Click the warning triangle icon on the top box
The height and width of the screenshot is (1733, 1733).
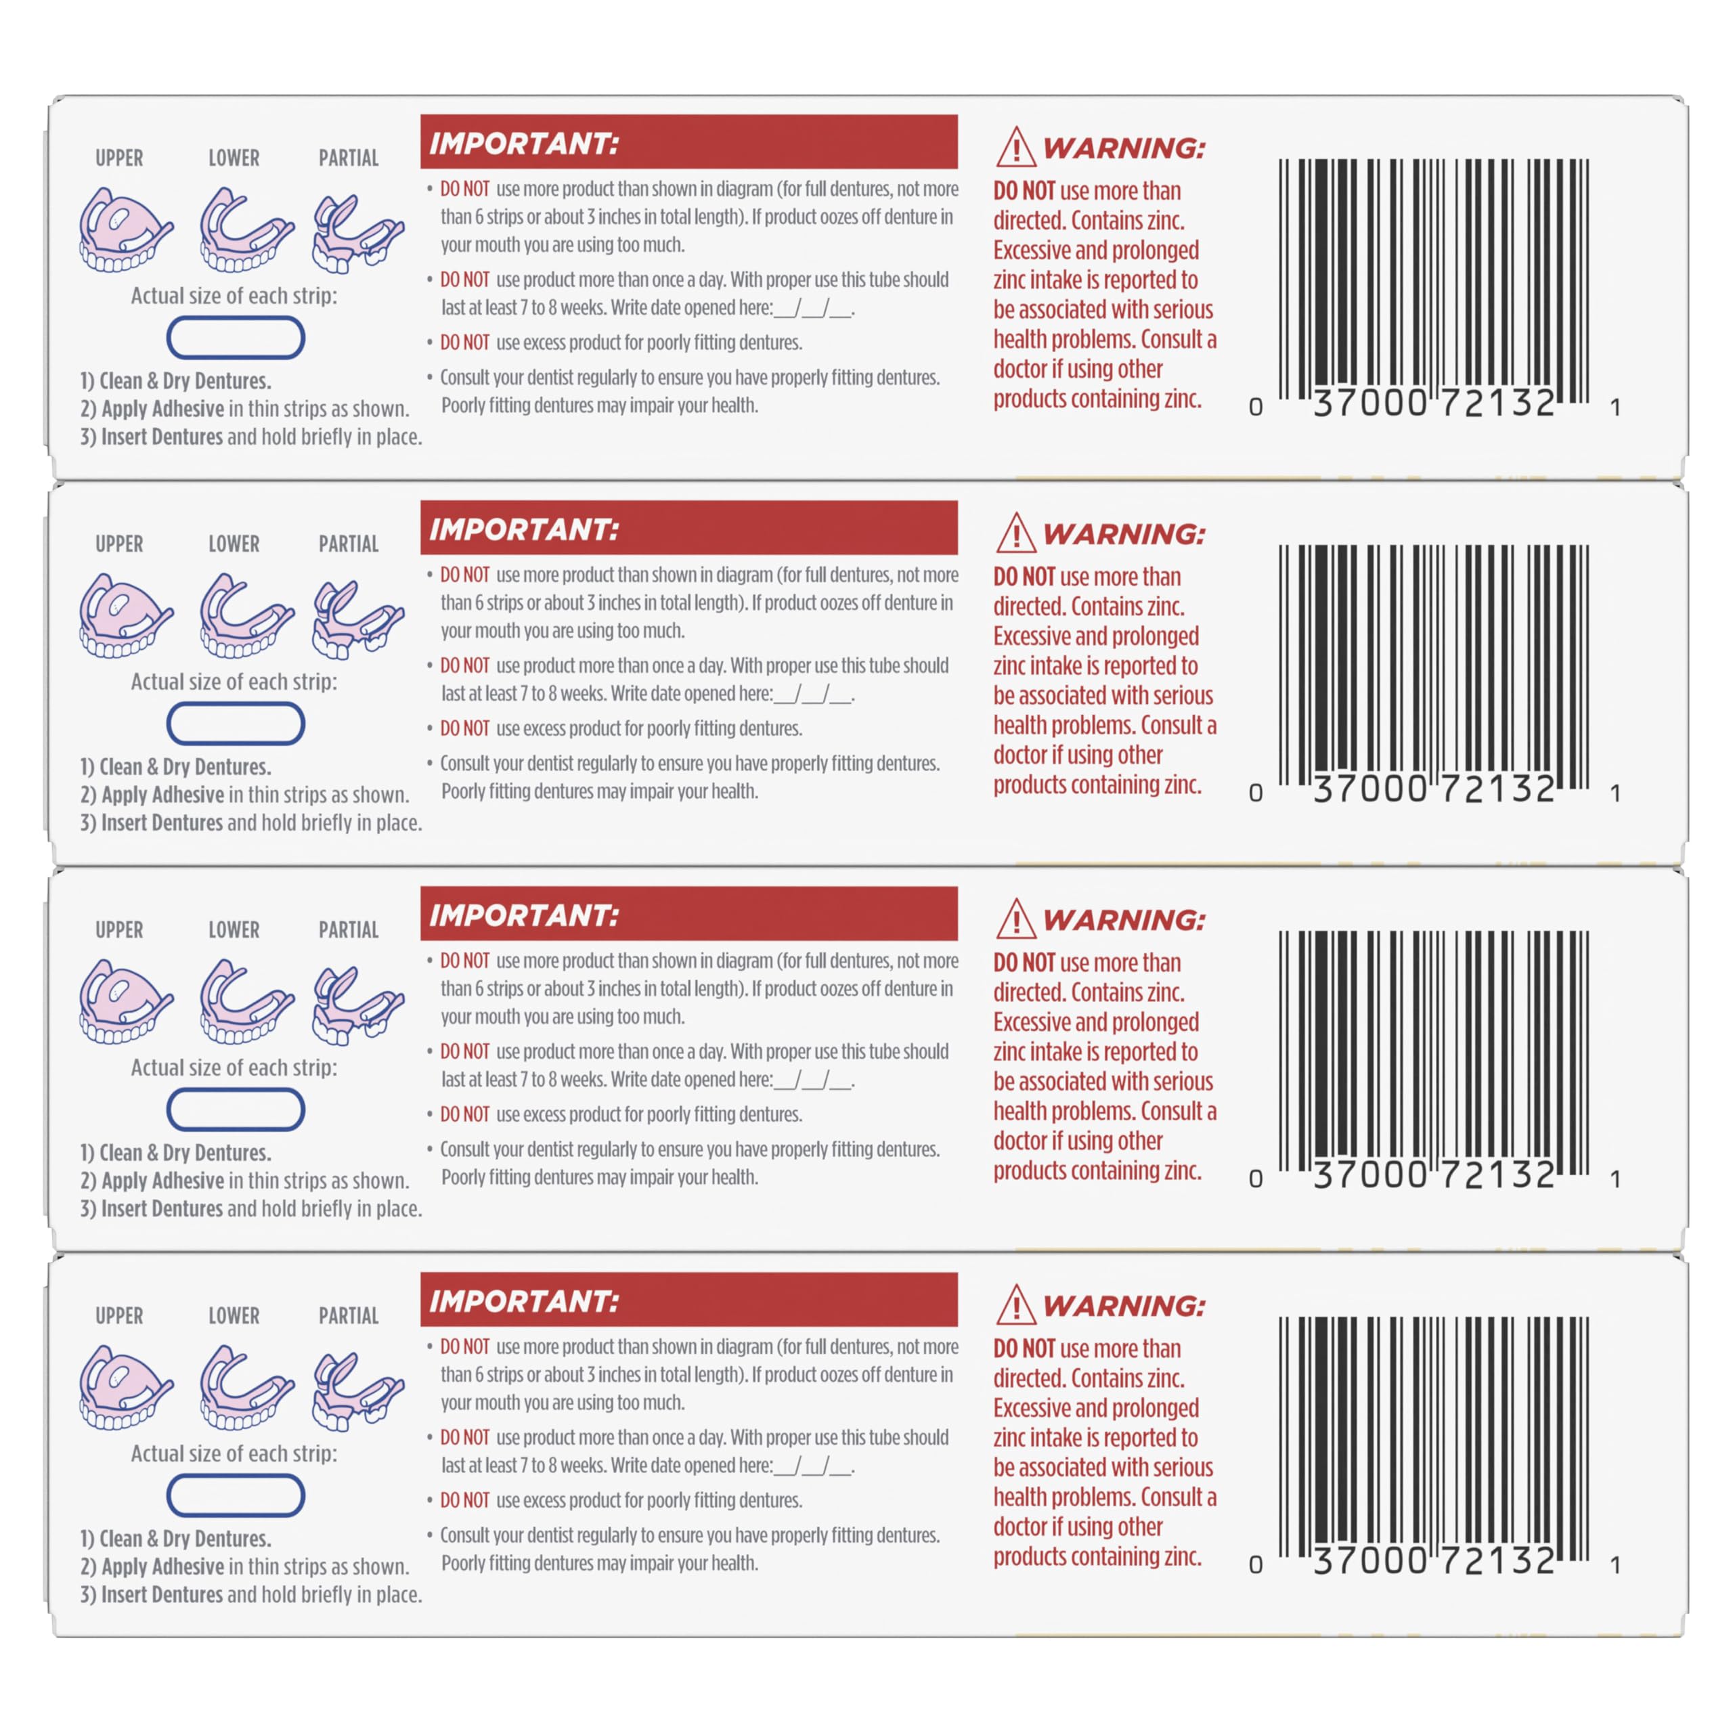[x=1015, y=147]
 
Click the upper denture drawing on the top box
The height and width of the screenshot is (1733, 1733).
[x=126, y=229]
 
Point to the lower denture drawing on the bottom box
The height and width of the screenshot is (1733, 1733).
[x=246, y=1387]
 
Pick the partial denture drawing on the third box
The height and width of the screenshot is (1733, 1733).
[x=358, y=1005]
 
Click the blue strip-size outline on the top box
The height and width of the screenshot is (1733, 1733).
[x=236, y=338]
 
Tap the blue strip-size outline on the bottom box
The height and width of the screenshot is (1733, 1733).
[x=236, y=1495]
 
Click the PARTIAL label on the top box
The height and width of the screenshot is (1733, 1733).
[x=349, y=158]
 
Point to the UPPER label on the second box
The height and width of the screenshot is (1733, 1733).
[x=119, y=544]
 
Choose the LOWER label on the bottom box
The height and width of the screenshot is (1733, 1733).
[x=234, y=1315]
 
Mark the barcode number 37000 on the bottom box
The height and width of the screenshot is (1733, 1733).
[x=1369, y=1561]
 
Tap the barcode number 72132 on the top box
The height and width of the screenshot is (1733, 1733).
[x=1498, y=403]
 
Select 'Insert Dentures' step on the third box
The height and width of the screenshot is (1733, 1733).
[x=152, y=1208]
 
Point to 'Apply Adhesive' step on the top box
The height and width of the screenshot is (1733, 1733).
[x=152, y=409]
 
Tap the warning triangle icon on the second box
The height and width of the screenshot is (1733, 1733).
[x=1015, y=533]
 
